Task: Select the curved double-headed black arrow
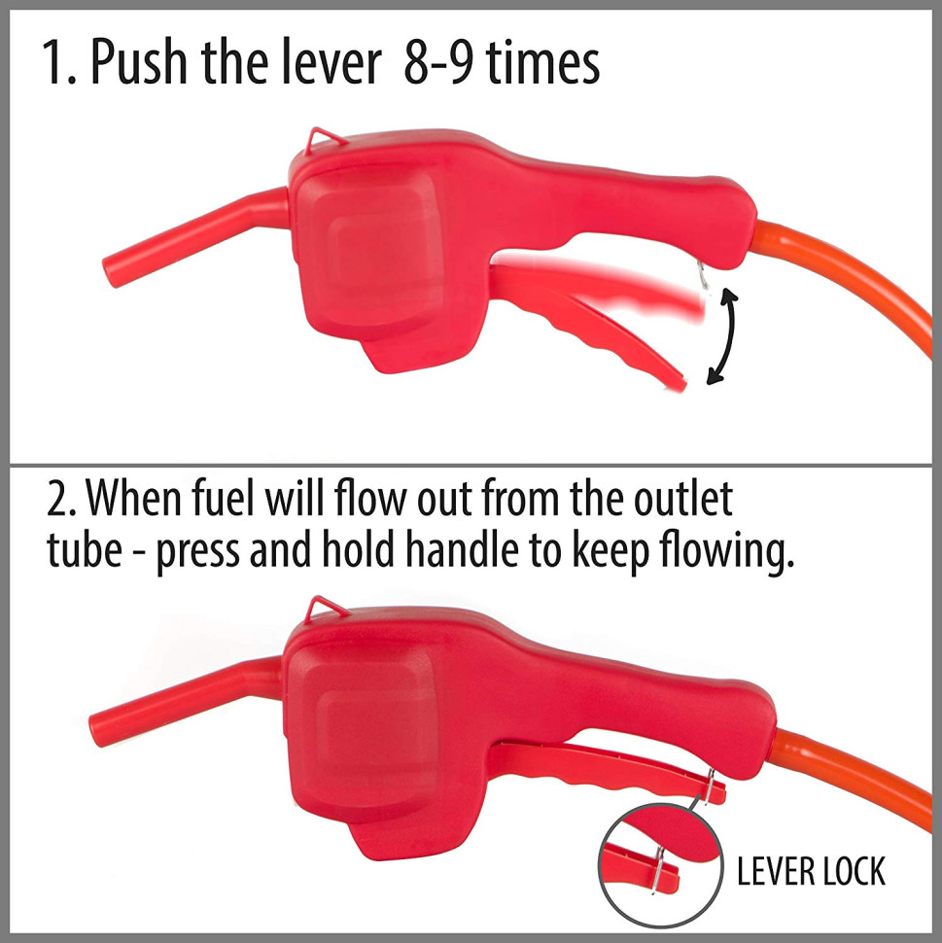(722, 335)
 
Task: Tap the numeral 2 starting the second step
(57, 499)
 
